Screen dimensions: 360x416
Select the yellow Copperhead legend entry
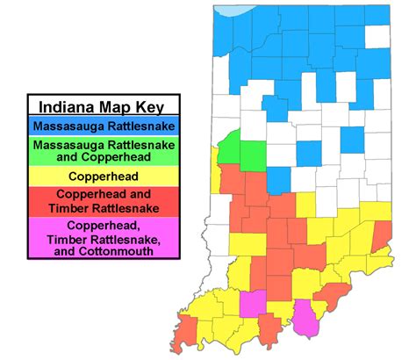coord(103,176)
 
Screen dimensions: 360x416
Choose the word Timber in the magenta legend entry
coord(72,238)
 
